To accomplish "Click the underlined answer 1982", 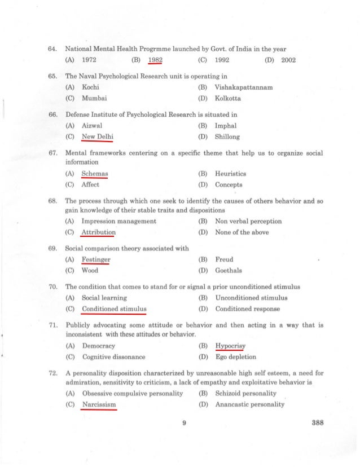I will click(155, 60).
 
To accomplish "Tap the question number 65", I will click(54, 76).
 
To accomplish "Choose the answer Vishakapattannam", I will click(244, 87).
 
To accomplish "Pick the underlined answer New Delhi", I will click(98, 136).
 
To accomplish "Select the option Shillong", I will click(227, 136).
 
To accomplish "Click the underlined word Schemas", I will click(95, 174).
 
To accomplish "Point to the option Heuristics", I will click(231, 174).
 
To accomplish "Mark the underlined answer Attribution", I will click(99, 232).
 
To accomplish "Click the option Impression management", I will click(119, 221).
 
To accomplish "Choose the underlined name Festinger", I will click(96, 259).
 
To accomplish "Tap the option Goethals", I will click(229, 270).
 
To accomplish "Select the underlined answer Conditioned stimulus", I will click(114, 309).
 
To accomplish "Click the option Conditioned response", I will click(247, 309).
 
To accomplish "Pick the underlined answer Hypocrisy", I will click(230, 346).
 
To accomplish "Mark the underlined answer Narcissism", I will click(99, 404).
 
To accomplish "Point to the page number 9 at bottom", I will click(185, 425).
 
